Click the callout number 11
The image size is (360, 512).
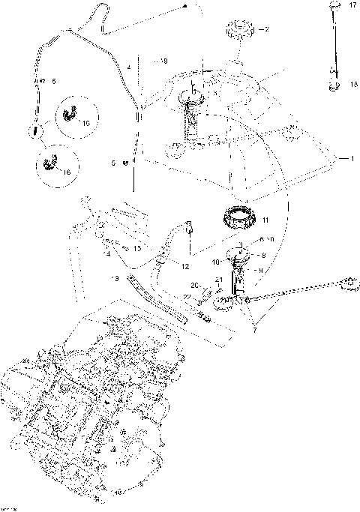(265, 220)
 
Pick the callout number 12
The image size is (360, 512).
(185, 265)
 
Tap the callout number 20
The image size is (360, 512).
(194, 286)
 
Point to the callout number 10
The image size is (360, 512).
(215, 262)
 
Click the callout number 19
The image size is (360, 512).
(164, 60)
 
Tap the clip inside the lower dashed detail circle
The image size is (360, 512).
(52, 161)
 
